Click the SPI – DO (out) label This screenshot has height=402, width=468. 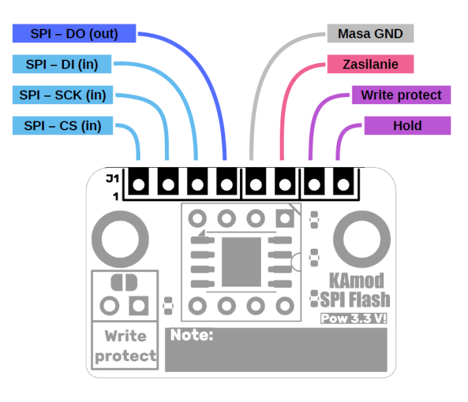point(74,34)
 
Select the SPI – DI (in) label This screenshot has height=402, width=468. point(62,64)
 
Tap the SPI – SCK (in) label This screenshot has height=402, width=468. point(62,95)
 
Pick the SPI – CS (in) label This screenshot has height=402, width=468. point(62,125)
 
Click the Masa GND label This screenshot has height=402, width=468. point(370,34)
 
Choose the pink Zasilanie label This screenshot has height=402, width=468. point(370,64)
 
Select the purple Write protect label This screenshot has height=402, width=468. point(401,95)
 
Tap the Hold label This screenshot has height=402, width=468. point(407,125)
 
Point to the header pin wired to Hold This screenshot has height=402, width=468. point(343,183)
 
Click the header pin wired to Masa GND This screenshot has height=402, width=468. point(255,183)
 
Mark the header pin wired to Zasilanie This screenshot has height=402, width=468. point(284,183)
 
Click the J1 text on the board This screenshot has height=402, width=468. point(112,179)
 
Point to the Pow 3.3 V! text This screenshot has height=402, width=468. point(354,318)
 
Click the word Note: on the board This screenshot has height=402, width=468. point(192,335)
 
